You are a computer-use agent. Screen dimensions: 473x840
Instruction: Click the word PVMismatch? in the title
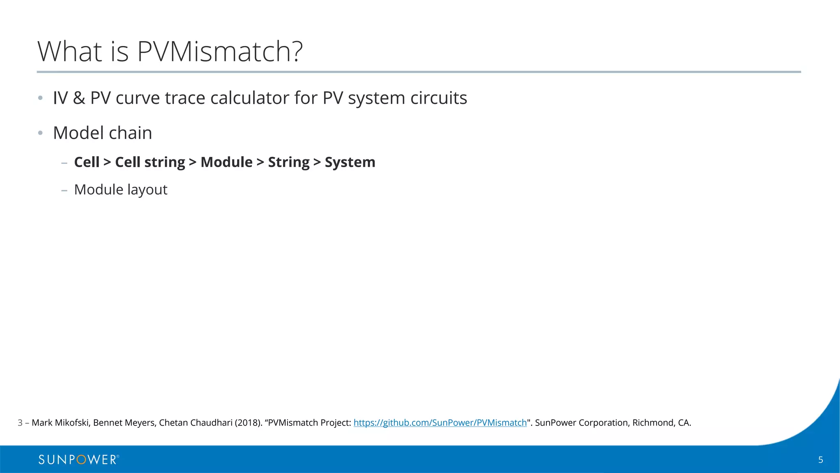(219, 52)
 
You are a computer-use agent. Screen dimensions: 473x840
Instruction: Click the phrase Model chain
(103, 133)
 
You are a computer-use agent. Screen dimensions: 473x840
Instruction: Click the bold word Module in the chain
(226, 162)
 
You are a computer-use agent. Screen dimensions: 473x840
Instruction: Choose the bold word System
(350, 162)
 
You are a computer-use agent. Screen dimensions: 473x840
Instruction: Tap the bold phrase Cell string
(150, 162)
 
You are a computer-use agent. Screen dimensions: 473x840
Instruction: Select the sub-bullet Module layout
(121, 190)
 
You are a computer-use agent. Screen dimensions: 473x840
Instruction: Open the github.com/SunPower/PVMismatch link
(440, 423)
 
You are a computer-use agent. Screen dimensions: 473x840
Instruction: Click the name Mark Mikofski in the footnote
(60, 423)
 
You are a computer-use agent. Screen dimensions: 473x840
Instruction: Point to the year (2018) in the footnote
(248, 423)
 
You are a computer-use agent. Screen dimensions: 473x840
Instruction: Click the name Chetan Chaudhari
(196, 423)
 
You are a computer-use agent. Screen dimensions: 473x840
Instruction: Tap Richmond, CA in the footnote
(661, 423)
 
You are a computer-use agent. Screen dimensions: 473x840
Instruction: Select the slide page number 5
(820, 460)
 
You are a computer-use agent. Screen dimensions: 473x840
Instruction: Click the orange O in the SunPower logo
(81, 460)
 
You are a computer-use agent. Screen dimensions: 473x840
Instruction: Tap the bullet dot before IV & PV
(40, 98)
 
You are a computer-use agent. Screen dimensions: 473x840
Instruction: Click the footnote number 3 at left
(20, 423)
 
